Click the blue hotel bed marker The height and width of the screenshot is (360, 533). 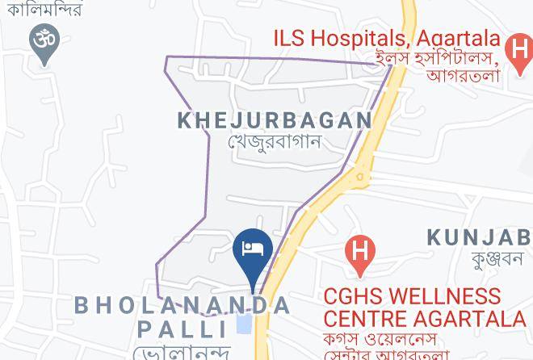coord(253,247)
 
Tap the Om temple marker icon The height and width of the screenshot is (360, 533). coord(42,40)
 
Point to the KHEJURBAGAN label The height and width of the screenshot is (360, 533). coord(275,121)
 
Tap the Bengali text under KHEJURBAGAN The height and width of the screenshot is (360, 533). coord(275,142)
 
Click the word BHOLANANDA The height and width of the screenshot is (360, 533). coord(183,305)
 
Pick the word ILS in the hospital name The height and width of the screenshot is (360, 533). coord(291,37)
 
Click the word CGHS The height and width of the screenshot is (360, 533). coord(353,296)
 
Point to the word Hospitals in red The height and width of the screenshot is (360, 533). coord(356,37)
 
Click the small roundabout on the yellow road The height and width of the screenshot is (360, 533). coord(361,175)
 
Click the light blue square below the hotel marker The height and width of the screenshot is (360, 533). coord(243,324)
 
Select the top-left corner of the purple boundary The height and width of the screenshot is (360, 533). coord(167,58)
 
